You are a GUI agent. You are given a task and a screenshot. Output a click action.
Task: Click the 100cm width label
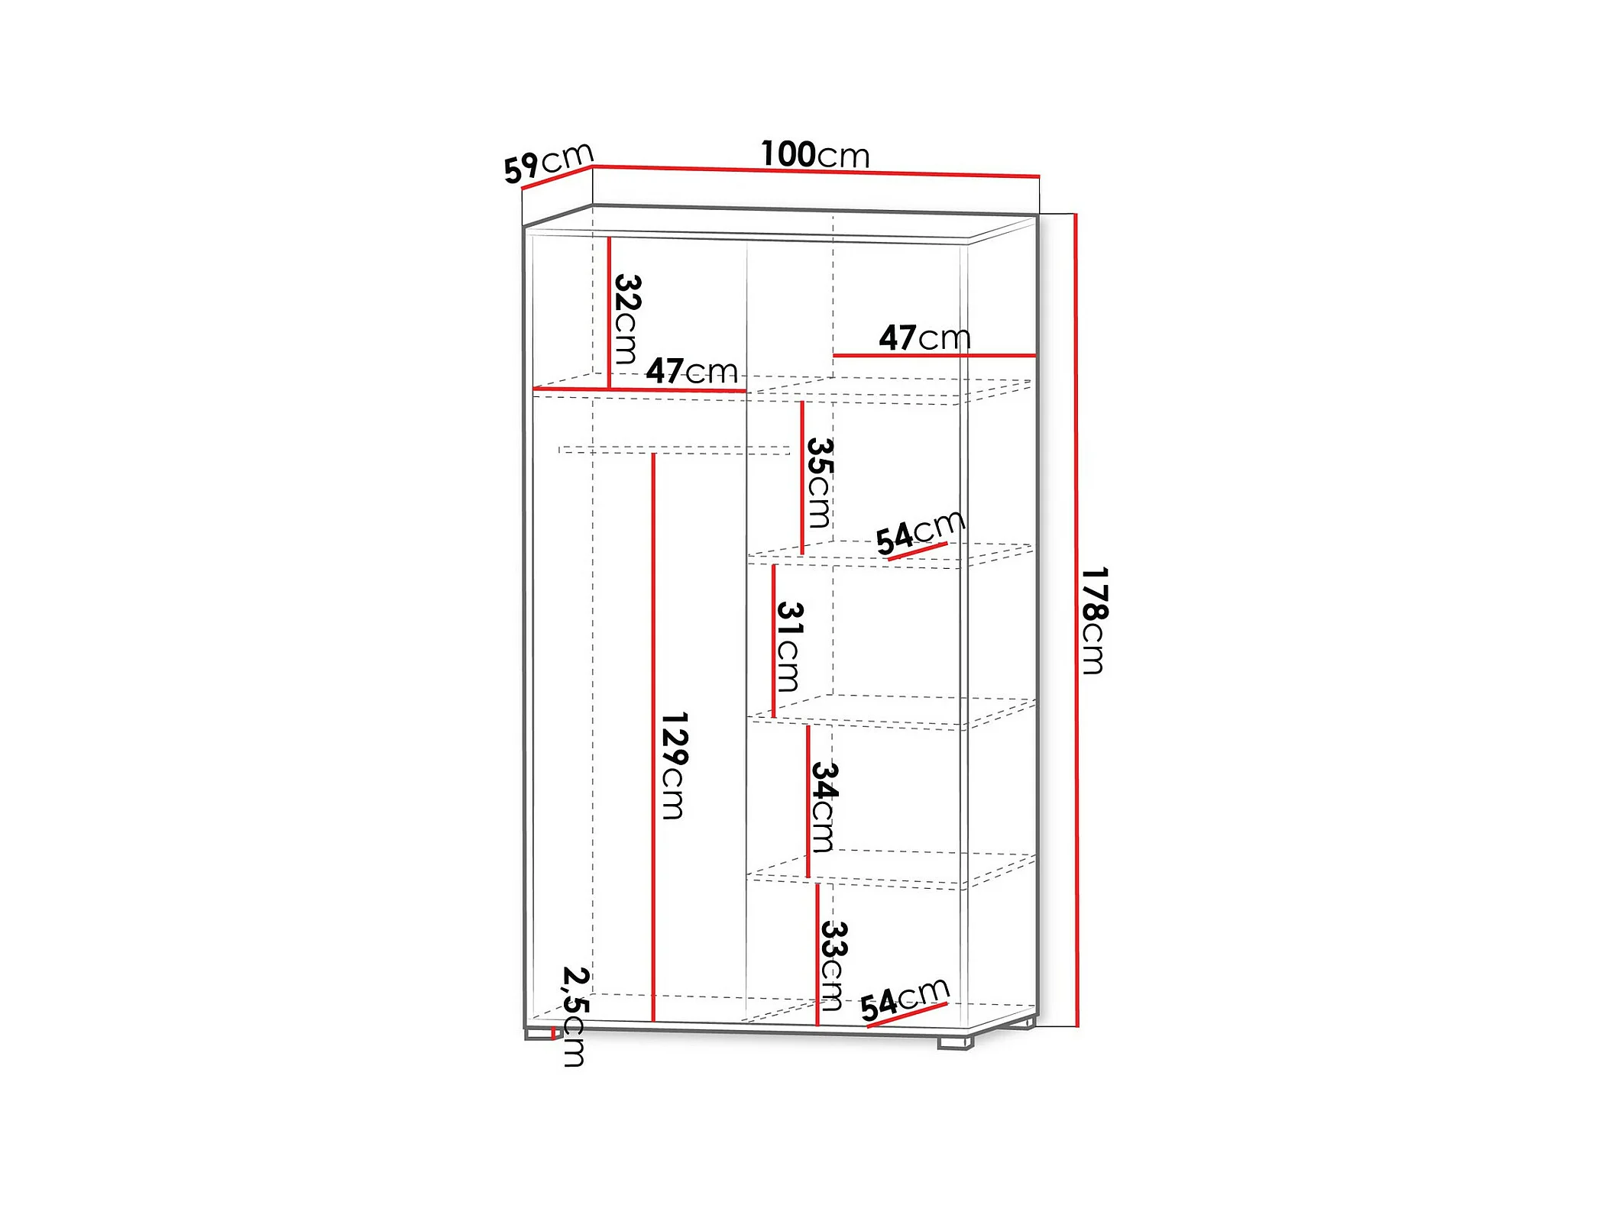click(x=815, y=155)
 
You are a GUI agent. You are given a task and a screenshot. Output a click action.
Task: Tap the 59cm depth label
click(x=548, y=163)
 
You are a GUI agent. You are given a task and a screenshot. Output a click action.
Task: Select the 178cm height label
click(x=1094, y=620)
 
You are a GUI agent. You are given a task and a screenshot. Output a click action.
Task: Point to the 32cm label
click(x=626, y=318)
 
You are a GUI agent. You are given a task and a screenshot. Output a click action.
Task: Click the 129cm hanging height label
click(x=673, y=765)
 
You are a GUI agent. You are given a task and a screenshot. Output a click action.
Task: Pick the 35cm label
click(x=819, y=482)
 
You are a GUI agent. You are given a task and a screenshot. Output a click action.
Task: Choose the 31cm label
click(x=788, y=646)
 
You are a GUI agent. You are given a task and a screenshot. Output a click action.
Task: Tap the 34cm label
click(x=824, y=806)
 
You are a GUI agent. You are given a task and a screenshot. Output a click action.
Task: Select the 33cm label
click(x=833, y=965)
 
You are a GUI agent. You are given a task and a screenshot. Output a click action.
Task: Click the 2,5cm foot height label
click(x=575, y=1016)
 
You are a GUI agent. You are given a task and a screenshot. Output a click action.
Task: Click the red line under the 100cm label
click(x=815, y=171)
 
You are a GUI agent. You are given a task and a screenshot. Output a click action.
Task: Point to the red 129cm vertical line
click(x=653, y=737)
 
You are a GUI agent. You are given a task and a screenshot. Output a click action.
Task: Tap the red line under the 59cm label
click(x=556, y=178)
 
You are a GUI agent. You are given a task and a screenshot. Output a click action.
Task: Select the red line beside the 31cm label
click(x=773, y=640)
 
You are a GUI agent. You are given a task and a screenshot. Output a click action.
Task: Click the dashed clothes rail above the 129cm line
click(x=674, y=450)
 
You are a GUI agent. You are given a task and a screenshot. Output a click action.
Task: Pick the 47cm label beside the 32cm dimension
click(x=691, y=372)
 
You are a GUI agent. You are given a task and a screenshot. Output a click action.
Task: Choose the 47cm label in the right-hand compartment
click(x=924, y=338)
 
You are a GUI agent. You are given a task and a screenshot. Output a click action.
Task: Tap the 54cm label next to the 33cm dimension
click(x=905, y=999)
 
